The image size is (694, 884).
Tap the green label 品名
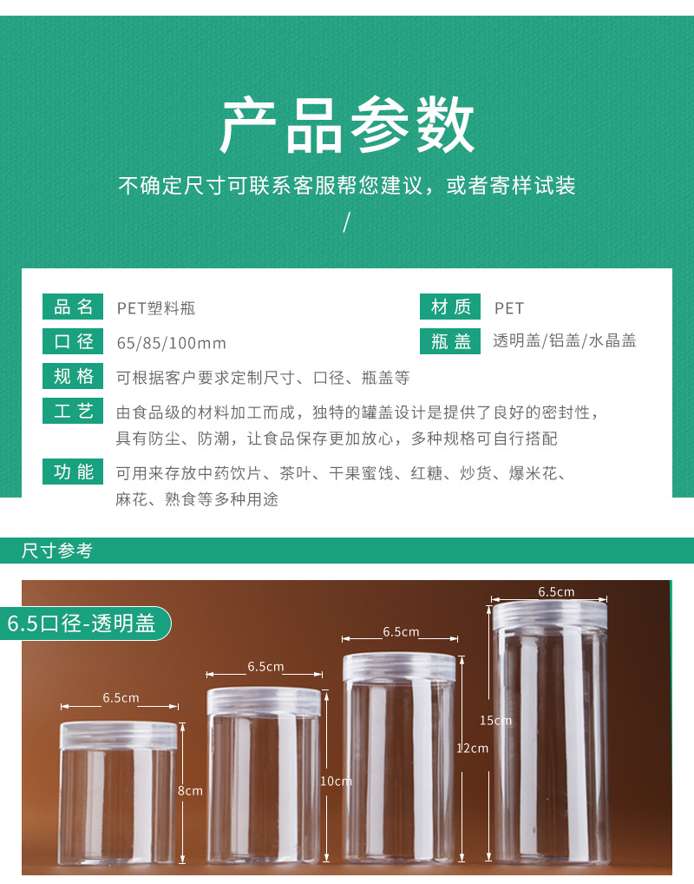pos(74,307)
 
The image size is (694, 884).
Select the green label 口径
pos(74,341)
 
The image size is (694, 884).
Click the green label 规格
pos(74,376)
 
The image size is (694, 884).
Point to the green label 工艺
pos(74,411)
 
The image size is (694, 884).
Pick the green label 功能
pos(74,472)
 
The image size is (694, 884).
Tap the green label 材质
pos(450,307)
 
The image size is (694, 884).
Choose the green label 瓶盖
pos(450,341)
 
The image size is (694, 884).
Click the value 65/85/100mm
pos(171,343)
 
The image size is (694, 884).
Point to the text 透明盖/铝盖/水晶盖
pos(565,341)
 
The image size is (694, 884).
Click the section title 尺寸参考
pos(56,551)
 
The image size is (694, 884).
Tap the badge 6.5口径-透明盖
pos(82,623)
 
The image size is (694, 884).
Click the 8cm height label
pos(190,790)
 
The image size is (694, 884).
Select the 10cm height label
pos(336,781)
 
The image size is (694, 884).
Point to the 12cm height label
pos(474,748)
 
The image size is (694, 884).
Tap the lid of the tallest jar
pos(550,615)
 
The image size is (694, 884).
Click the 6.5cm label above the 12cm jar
pos(401,632)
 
